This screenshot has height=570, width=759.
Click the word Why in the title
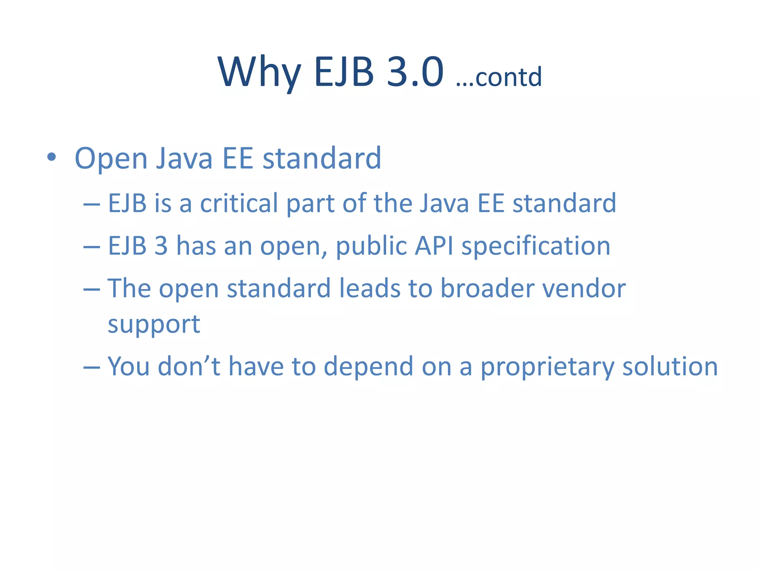click(259, 72)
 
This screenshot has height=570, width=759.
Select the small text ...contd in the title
click(499, 77)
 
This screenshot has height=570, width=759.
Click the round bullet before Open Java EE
click(52, 157)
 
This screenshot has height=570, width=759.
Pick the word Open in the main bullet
click(111, 159)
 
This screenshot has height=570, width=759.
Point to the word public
click(371, 246)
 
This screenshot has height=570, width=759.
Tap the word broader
click(487, 288)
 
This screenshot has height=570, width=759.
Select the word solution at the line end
click(670, 367)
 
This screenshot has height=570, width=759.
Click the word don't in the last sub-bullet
click(189, 366)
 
